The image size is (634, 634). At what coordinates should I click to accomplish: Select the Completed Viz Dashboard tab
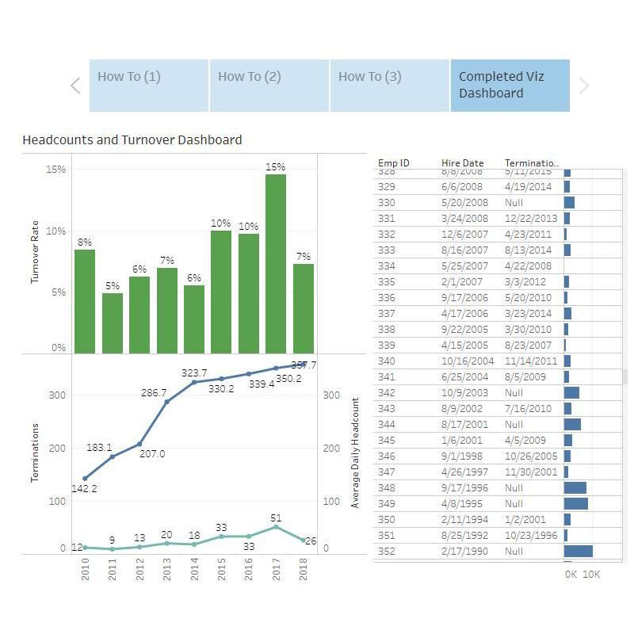(x=510, y=85)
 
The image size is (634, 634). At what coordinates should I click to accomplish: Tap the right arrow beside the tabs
(x=584, y=86)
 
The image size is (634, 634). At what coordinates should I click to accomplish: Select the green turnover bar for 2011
(x=113, y=323)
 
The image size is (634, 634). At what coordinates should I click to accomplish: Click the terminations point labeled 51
(x=276, y=526)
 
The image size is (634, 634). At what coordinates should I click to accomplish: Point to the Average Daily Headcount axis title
(x=355, y=453)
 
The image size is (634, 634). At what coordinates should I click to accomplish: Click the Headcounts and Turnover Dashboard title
(x=132, y=140)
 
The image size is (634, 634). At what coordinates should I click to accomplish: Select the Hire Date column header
(x=462, y=163)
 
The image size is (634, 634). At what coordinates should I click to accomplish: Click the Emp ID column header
(x=394, y=163)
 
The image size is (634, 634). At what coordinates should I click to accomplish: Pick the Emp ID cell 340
(x=386, y=361)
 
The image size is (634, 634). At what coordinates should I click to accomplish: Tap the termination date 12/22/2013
(x=531, y=218)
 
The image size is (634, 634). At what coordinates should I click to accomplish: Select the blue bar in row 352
(x=578, y=551)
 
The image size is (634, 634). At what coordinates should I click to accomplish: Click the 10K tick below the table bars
(x=591, y=575)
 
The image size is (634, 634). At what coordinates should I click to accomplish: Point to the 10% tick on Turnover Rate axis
(x=55, y=231)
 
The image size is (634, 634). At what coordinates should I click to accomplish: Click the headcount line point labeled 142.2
(x=85, y=478)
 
